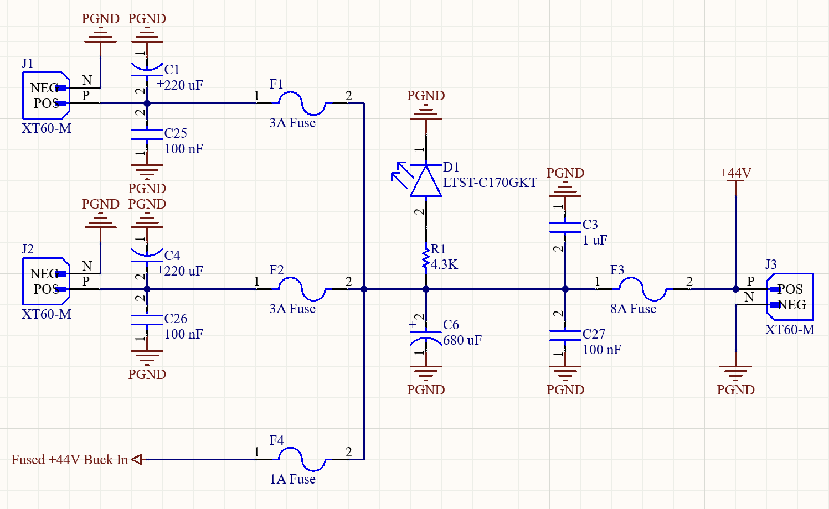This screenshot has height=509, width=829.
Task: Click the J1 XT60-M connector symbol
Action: click(46, 96)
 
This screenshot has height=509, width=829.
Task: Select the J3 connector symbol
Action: click(790, 297)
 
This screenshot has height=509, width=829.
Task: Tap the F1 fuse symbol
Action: click(301, 103)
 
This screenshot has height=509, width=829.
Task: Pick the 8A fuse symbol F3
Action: click(642, 289)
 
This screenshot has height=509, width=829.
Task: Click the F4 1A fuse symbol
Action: click(301, 459)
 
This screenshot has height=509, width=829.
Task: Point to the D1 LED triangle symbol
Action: click(425, 181)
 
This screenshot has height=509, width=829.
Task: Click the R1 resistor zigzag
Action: click(425, 259)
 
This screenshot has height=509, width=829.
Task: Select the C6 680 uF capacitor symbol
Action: click(425, 335)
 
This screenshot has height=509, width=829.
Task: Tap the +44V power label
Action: click(735, 173)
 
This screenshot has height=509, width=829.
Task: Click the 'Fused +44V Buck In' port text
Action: click(70, 460)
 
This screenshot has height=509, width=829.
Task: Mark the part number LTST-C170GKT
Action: click(490, 183)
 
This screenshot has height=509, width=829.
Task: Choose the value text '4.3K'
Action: click(444, 264)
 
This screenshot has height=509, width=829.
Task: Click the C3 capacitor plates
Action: click(565, 227)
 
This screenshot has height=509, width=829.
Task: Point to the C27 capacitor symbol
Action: click(565, 335)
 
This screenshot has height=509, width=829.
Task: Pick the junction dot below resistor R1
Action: click(425, 289)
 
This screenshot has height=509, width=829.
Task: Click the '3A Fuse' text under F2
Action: click(292, 309)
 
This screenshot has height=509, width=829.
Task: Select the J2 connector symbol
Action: click(46, 282)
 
